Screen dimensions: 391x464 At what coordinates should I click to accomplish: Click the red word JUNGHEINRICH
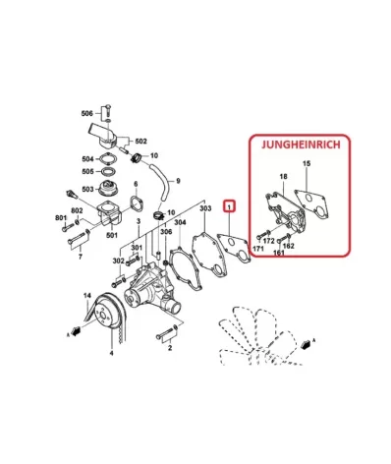(301, 145)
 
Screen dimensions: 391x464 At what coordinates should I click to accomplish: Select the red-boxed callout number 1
(230, 206)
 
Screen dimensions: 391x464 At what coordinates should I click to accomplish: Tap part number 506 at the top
(86, 113)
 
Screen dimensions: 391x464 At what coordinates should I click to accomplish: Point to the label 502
(140, 142)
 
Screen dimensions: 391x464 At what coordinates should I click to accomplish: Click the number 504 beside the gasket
(87, 159)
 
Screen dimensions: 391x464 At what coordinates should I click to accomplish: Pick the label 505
(87, 171)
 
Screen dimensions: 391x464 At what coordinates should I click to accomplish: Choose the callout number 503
(87, 189)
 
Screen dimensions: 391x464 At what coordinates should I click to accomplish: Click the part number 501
(112, 235)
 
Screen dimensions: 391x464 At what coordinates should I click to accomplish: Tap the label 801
(61, 217)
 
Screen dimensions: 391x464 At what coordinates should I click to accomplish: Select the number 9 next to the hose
(178, 181)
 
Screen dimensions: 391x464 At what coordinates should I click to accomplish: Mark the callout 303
(205, 208)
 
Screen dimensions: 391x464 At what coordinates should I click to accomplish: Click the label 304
(180, 222)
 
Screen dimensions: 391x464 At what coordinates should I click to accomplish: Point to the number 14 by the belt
(86, 296)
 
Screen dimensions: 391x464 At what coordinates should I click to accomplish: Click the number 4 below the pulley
(111, 353)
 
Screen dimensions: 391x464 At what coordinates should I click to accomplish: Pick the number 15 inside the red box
(307, 163)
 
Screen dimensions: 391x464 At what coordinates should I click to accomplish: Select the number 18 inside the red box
(284, 177)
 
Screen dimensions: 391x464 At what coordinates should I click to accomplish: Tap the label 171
(258, 249)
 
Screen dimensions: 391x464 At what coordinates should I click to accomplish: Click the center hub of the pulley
(103, 316)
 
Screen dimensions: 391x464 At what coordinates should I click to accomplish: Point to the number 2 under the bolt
(170, 348)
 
